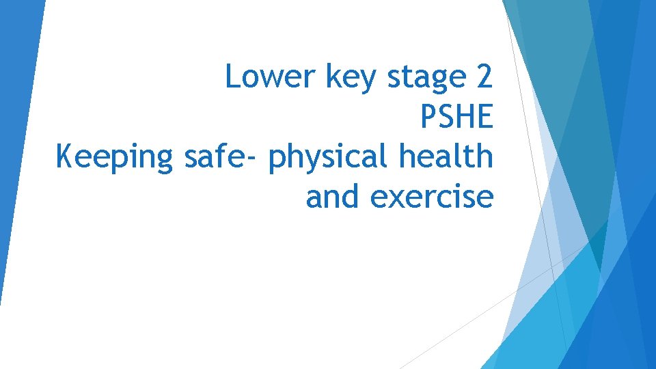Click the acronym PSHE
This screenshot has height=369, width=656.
[456, 118]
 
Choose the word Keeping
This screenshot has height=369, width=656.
[115, 158]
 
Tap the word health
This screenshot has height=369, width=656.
[447, 156]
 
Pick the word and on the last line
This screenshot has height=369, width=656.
[333, 197]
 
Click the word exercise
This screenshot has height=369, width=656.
[431, 197]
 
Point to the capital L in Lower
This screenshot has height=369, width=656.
[232, 77]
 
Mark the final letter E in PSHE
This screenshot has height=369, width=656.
[484, 118]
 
